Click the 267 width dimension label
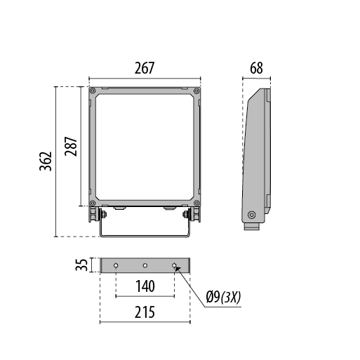(145, 68)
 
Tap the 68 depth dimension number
(256, 68)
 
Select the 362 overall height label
(46, 161)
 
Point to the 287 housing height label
(71, 147)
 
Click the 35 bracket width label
(81, 265)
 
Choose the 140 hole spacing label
(145, 286)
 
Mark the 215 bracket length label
(145, 312)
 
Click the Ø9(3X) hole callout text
(223, 298)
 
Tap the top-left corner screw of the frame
(93, 91)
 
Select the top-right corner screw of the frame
(196, 91)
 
